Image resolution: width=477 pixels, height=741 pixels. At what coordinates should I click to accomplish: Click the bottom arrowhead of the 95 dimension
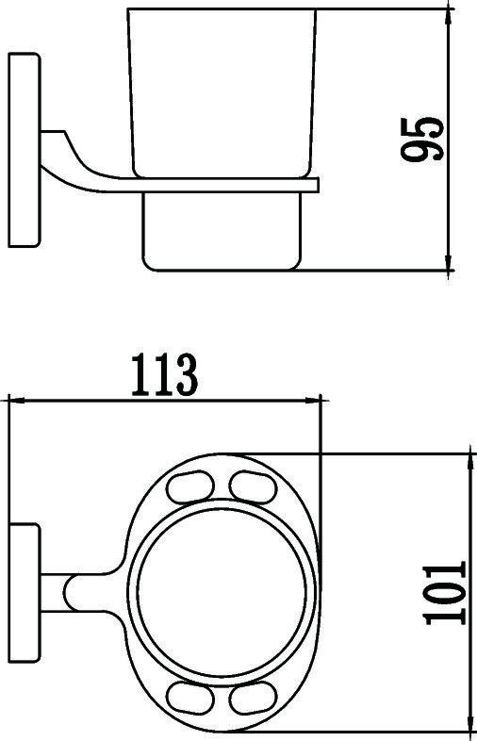tap(449, 265)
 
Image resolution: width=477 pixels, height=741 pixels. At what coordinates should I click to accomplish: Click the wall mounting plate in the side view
tap(24, 151)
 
